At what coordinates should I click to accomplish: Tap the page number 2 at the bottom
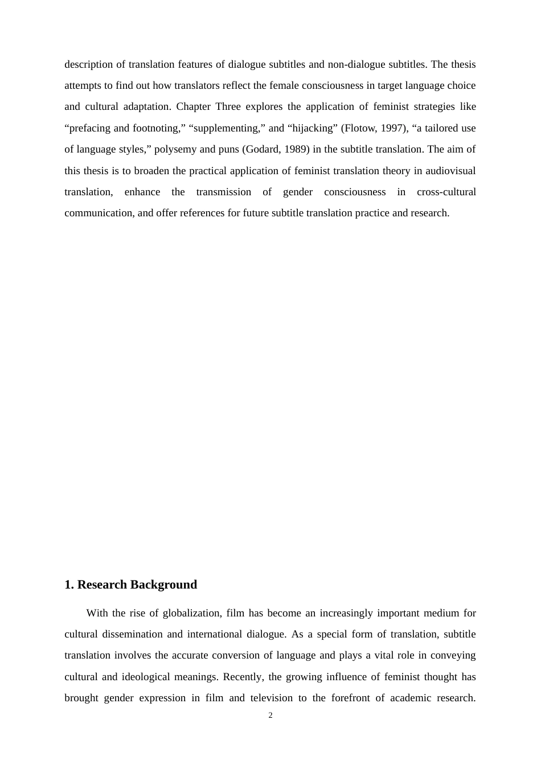pyautogui.click(x=270, y=715)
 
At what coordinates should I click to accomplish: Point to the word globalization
pyautogui.click(x=191, y=613)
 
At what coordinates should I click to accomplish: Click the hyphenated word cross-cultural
pyautogui.click(x=446, y=192)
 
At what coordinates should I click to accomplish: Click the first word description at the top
pyautogui.click(x=89, y=64)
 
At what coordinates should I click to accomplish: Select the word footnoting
pyautogui.click(x=154, y=128)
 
